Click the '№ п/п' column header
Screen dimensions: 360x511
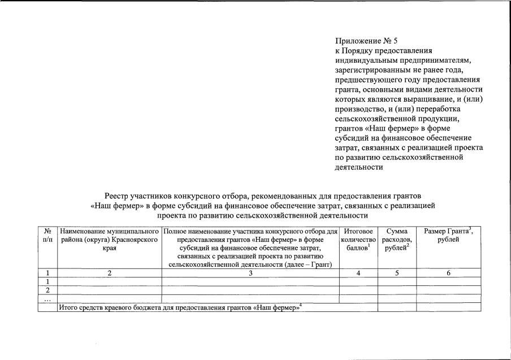pos(47,236)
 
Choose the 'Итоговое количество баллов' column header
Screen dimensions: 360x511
pos(358,240)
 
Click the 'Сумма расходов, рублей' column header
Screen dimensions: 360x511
pos(397,240)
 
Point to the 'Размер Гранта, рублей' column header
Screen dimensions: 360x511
pos(448,236)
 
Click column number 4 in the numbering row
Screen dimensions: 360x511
pos(358,273)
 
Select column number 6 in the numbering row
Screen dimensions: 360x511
pos(448,273)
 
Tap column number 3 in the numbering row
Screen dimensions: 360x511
pos(250,273)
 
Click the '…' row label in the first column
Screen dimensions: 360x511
pos(47,298)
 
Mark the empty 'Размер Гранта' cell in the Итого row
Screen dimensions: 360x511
pos(448,307)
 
